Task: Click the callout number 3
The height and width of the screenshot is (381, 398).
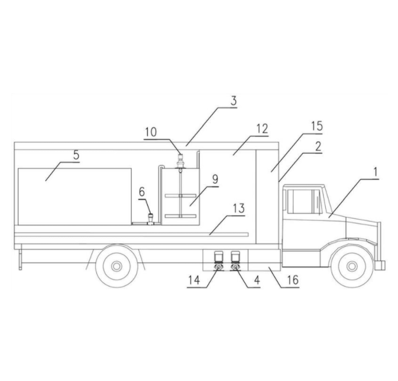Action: pos(234,101)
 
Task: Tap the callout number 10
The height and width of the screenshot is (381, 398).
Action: pos(151,132)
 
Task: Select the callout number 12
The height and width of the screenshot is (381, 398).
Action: pos(262,129)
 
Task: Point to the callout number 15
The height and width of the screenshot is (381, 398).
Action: pos(317,126)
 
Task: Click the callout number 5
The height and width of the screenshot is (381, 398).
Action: pos(76,155)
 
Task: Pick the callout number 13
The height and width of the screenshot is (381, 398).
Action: pos(239,209)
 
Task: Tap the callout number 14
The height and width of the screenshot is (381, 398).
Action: pos(194,280)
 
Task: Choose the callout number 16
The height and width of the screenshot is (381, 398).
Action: pos(293,280)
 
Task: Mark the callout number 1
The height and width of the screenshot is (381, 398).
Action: pos(376,172)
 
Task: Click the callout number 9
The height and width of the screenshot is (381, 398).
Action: pos(215,179)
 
